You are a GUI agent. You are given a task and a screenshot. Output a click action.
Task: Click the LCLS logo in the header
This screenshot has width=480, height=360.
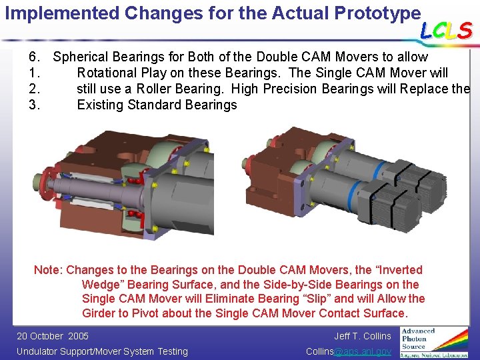click(446, 30)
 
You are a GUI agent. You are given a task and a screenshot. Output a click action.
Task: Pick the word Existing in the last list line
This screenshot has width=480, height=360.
click(101, 105)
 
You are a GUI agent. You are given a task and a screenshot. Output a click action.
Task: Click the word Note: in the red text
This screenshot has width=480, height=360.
click(49, 270)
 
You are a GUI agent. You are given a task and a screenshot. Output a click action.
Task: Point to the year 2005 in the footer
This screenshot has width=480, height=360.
click(78, 336)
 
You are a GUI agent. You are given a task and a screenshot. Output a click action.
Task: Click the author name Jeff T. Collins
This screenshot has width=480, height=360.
click(362, 336)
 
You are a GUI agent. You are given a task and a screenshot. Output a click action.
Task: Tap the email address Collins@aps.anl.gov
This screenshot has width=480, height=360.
click(348, 351)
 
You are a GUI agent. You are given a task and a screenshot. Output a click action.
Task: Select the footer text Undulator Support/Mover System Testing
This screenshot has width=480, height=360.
click(102, 351)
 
